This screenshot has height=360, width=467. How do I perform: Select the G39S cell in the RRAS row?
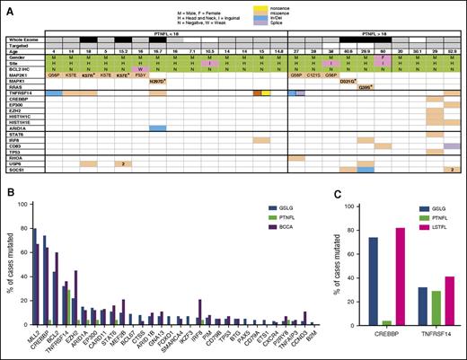pyautogui.click(x=366, y=87)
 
